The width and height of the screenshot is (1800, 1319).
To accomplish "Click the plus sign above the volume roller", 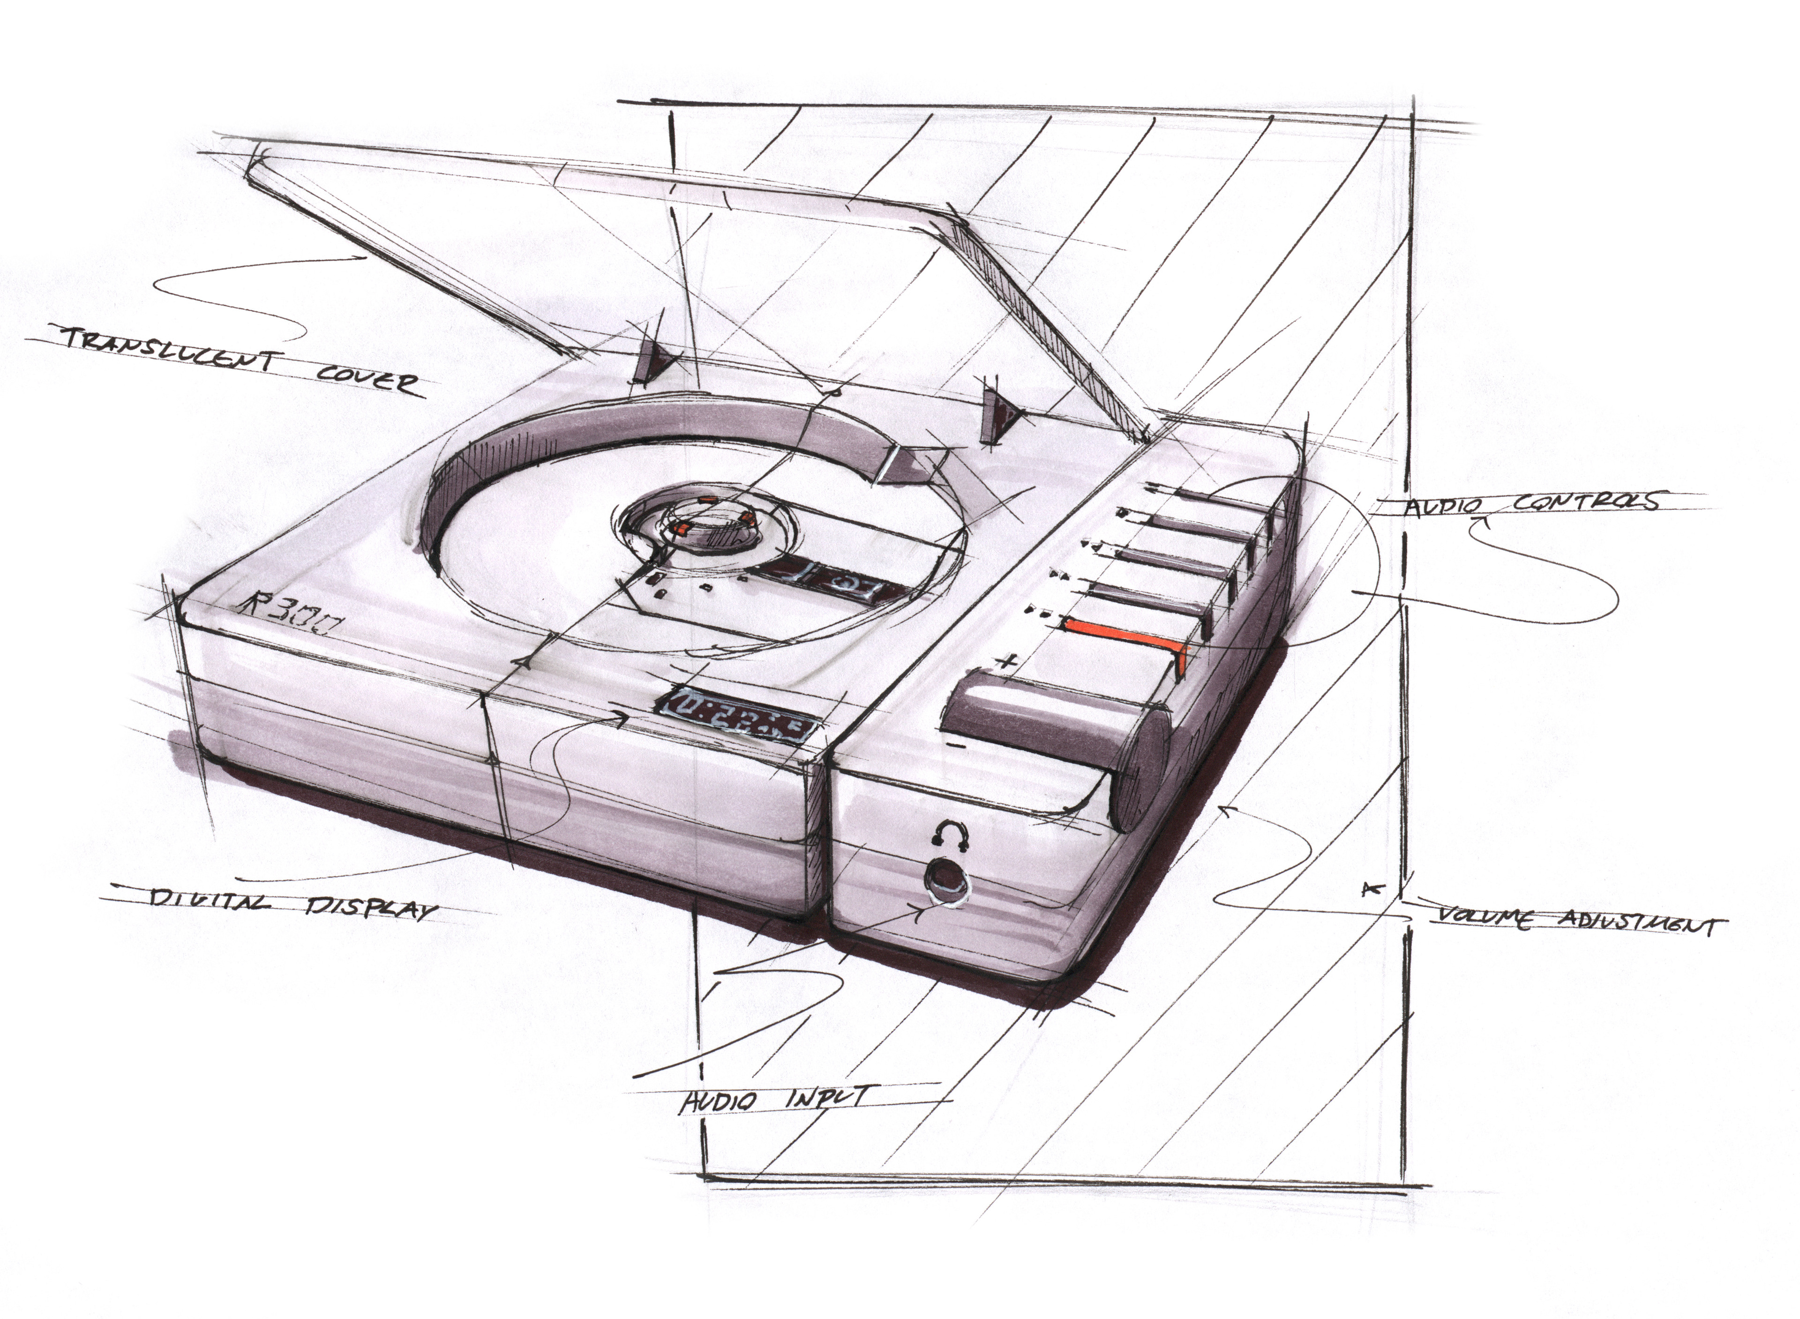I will click(x=1008, y=661).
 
